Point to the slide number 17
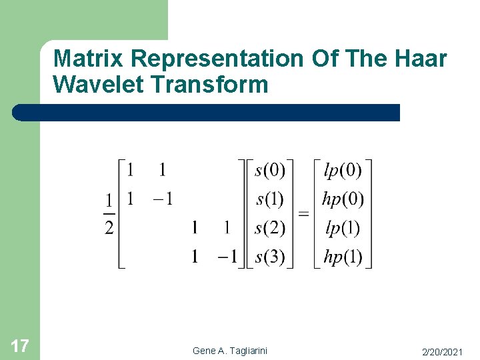pos(20,345)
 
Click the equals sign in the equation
pos(303,214)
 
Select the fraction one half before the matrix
pos(108,214)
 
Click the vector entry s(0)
pos(270,171)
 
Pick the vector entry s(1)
pos(270,199)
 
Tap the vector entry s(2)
pos(270,228)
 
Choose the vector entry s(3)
pos(270,257)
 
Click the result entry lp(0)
pos(342,171)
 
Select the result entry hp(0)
pos(342,199)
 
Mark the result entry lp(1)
pos(342,228)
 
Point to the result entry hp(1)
pos(342,257)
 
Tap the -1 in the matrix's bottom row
pos(227,257)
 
